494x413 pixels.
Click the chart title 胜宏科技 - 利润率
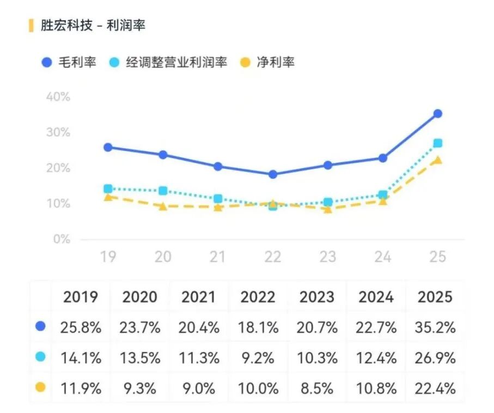point(93,25)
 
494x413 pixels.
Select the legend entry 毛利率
point(69,62)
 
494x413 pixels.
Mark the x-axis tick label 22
point(272,256)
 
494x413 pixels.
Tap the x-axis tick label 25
point(437,256)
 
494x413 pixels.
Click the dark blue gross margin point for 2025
point(437,114)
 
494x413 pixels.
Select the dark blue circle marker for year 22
point(273,174)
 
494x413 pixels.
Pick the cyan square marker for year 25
point(437,143)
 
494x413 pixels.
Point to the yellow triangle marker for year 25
point(437,160)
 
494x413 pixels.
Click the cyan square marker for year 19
point(108,189)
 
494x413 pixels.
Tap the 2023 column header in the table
point(317,297)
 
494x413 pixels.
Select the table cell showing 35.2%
point(435,327)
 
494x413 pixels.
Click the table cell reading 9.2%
point(258,358)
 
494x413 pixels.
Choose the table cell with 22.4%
point(435,389)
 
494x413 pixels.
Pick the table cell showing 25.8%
point(81,327)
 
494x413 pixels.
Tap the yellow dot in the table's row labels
point(40,388)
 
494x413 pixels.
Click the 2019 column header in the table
point(81,297)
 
